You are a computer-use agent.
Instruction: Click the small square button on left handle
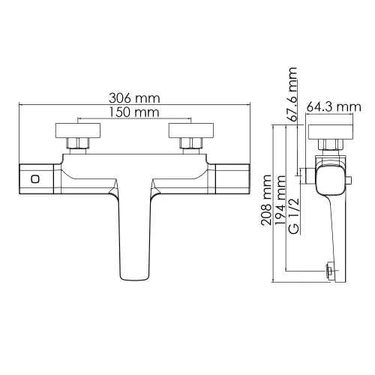point(34,179)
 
